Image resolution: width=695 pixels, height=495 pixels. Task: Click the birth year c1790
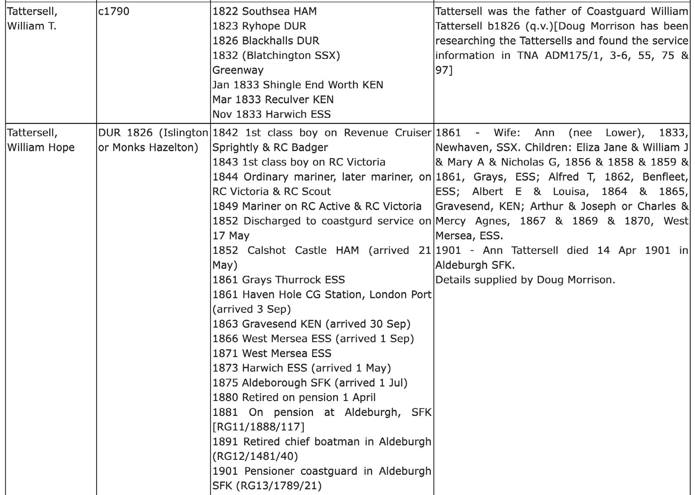pos(114,11)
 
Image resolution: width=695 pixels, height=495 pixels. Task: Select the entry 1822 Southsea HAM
pos(264,11)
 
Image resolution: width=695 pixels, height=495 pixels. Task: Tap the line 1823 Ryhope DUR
pos(259,26)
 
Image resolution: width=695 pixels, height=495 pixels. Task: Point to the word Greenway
pos(238,70)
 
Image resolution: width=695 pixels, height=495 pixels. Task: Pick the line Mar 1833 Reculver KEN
pos(273,99)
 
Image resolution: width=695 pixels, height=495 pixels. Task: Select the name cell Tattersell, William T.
pos(32,18)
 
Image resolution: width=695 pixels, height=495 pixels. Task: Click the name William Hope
pos(41,148)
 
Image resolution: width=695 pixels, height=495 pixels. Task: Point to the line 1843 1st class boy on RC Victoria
pos(299,162)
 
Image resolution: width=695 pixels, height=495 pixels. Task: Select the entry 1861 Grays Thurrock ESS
pos(279,280)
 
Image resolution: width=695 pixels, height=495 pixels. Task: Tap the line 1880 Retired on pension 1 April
pos(294,397)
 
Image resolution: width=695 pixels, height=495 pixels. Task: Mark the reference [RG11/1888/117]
pos(258,427)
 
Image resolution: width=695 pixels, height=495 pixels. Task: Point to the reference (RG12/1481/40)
pos(255,456)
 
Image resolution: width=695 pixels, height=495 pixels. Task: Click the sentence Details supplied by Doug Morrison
pos(525,280)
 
